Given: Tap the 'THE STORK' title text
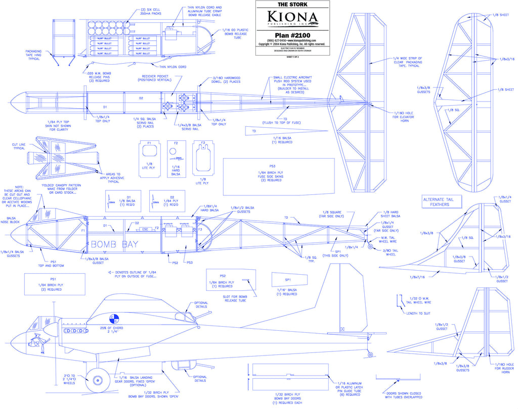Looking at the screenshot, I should point(292,5).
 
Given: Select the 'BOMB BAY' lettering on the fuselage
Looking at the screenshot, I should point(114,244).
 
